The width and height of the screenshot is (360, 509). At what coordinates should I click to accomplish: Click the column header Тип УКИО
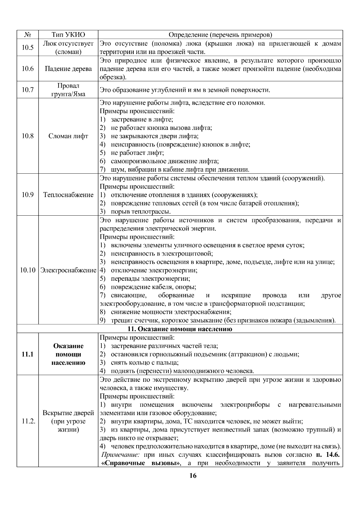(x=68, y=34)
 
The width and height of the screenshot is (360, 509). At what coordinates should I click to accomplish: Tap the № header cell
(x=28, y=34)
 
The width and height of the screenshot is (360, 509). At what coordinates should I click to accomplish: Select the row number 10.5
(x=28, y=47)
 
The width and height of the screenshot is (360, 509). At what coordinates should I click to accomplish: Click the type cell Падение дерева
(x=68, y=69)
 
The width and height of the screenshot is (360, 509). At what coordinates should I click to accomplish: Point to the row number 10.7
(x=28, y=90)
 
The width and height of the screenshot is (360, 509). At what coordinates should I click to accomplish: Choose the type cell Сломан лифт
(x=68, y=136)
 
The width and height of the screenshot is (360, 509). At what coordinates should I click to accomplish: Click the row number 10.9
(x=28, y=195)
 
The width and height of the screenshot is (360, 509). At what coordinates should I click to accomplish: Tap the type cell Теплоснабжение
(x=68, y=195)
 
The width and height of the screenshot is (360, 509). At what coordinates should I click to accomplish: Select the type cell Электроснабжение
(x=68, y=270)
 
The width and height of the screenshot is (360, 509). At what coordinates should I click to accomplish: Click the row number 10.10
(x=28, y=270)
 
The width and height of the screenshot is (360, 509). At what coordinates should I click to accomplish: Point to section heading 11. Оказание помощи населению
(x=180, y=329)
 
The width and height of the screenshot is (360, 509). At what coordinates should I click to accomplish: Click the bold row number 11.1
(x=28, y=354)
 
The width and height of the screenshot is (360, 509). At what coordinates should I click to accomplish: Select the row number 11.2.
(x=28, y=421)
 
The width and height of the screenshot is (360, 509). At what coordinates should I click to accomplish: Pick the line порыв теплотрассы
(x=140, y=211)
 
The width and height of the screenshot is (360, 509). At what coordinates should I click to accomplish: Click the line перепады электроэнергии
(x=150, y=279)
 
